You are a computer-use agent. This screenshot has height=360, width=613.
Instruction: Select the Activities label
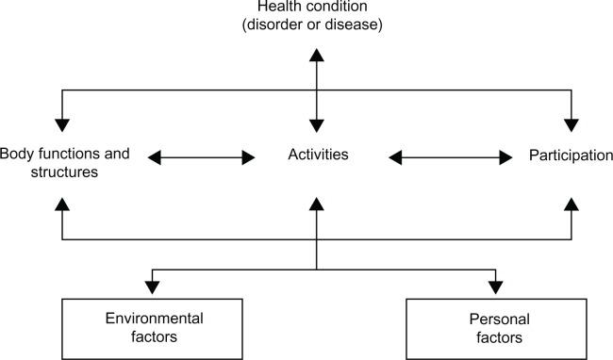click(318, 154)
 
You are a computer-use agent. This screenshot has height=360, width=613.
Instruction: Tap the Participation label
click(572, 154)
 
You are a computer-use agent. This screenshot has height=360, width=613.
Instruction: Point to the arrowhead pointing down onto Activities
click(318, 123)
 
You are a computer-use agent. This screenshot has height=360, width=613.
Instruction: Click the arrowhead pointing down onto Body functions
click(63, 123)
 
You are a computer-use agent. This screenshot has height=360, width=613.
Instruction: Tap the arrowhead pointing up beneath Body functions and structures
click(63, 204)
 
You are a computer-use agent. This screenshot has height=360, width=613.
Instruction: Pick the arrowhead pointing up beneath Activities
click(318, 204)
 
